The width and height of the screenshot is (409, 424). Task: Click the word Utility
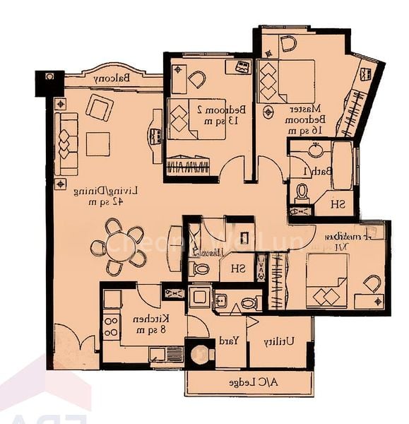279,341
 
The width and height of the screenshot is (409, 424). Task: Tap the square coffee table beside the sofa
97,144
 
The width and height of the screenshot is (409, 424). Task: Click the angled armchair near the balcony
99,108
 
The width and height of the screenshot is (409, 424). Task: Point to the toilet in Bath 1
302,192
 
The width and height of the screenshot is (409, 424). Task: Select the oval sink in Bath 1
315,151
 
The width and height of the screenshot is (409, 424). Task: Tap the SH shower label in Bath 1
338,204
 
